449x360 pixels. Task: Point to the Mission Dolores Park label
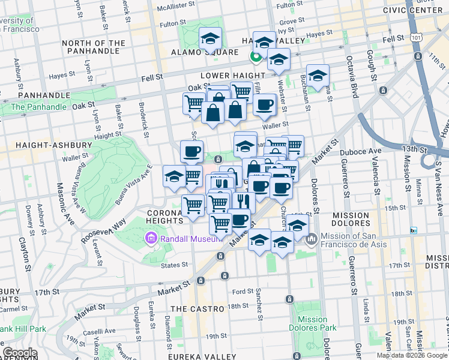[x=312, y=324]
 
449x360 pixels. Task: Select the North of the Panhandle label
[x=94, y=47]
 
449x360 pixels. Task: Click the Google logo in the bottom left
[x=20, y=353]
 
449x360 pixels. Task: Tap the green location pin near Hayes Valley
[x=255, y=56]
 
